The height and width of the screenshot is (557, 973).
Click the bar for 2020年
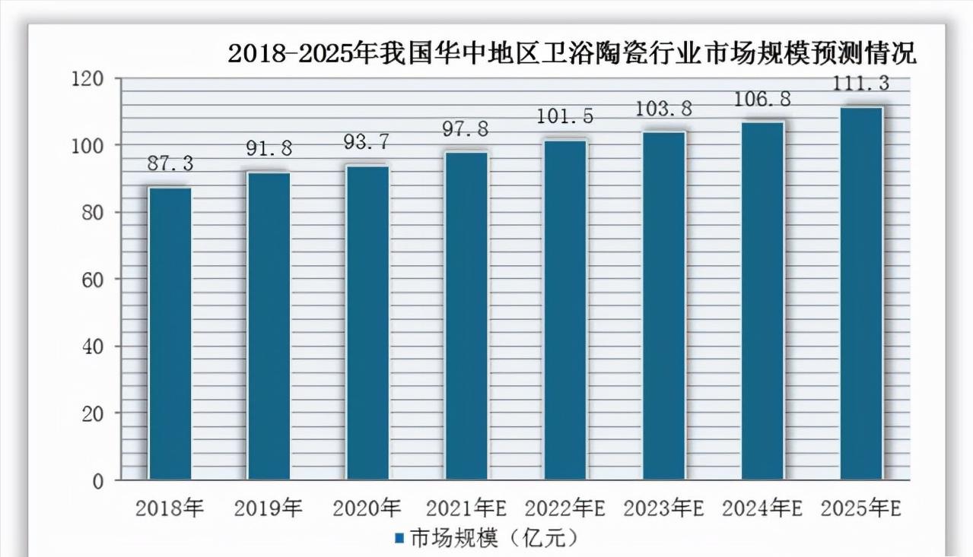click(x=367, y=322)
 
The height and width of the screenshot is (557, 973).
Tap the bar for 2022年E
click(x=565, y=309)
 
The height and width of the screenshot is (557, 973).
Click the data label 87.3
click(x=170, y=163)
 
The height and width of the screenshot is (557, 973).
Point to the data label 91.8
click(x=269, y=148)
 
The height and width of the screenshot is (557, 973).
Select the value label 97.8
click(x=466, y=128)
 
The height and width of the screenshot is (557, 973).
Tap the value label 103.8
click(x=663, y=109)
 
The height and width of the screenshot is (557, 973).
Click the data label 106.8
click(x=762, y=99)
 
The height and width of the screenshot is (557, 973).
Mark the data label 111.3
click(x=861, y=82)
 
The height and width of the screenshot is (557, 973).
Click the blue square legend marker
click(x=399, y=539)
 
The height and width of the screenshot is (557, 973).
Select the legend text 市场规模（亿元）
click(x=494, y=538)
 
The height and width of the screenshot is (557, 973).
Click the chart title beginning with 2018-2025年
click(x=572, y=54)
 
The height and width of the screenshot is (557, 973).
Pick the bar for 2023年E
click(x=663, y=305)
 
